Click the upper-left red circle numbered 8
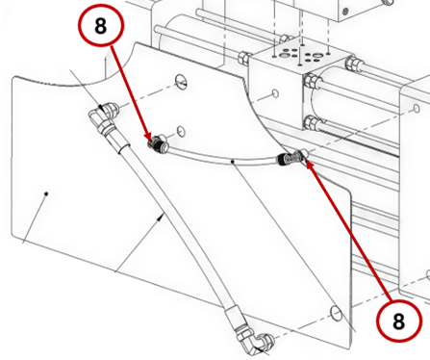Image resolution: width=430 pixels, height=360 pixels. click(x=100, y=26)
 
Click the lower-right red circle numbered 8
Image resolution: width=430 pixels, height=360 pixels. click(x=398, y=321)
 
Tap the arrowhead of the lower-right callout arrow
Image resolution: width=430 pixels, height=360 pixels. click(x=308, y=165)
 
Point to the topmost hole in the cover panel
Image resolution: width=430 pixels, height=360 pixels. click(x=181, y=81)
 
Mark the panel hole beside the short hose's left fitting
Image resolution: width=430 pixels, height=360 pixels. click(x=181, y=131)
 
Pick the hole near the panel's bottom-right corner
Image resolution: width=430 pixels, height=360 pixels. click(x=336, y=313)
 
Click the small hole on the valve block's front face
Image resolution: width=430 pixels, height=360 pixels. click(x=275, y=93)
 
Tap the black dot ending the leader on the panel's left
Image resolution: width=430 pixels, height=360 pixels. click(x=46, y=193)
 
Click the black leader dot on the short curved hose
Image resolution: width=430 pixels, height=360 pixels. click(x=234, y=161)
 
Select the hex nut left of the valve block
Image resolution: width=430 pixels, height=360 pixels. click(x=243, y=58)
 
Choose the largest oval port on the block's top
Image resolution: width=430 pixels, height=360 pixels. click(x=284, y=55)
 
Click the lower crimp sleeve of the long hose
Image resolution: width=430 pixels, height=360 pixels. click(x=234, y=319)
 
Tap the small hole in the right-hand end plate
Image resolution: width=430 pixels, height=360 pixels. click(x=417, y=108)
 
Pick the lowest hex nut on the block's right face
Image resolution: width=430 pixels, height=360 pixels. click(x=311, y=122)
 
